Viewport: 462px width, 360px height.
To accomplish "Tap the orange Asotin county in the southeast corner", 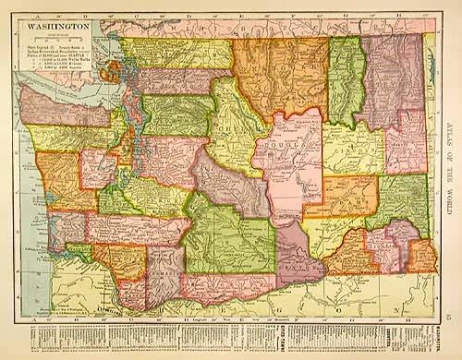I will point(421,255).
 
